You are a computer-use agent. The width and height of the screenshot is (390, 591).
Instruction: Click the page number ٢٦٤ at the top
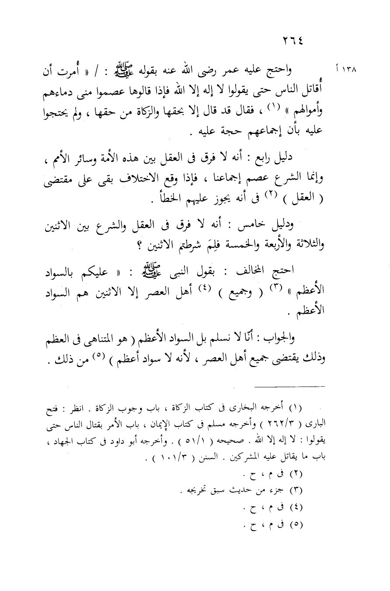[293, 40]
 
